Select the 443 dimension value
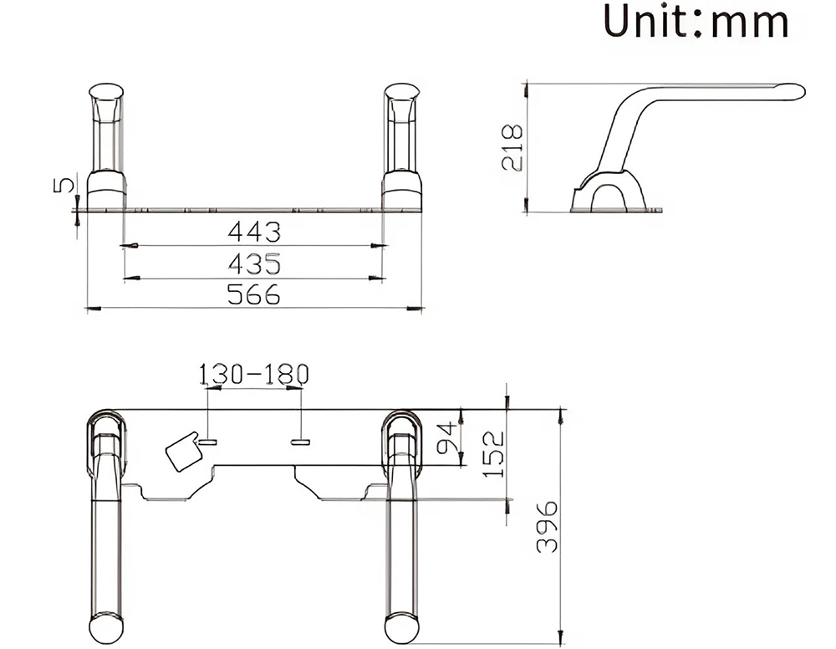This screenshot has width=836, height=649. click(x=254, y=232)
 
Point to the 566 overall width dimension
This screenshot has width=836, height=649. click(x=254, y=294)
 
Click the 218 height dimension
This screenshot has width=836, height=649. click(x=512, y=147)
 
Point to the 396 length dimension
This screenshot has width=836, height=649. click(x=546, y=527)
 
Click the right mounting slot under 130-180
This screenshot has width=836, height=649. click(x=301, y=439)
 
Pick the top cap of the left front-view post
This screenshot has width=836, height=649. click(x=107, y=91)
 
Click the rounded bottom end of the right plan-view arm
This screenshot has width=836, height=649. click(x=401, y=627)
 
